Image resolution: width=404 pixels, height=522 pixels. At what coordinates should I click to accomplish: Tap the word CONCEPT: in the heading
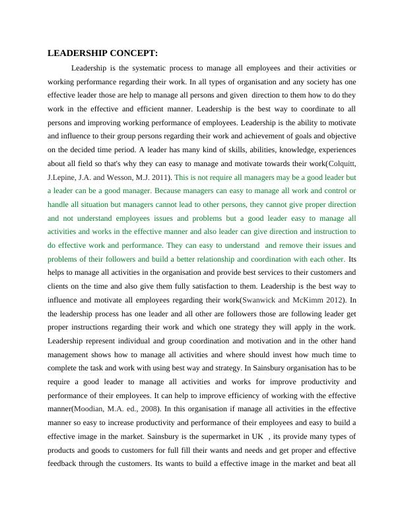pyautogui.click(x=135, y=53)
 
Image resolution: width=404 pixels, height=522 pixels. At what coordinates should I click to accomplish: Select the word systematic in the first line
pyautogui.click(x=162, y=68)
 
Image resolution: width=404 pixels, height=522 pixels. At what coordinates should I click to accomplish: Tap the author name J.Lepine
pyautogui.click(x=63, y=177)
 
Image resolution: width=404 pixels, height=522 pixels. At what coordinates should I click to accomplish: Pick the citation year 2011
pyautogui.click(x=160, y=177)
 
